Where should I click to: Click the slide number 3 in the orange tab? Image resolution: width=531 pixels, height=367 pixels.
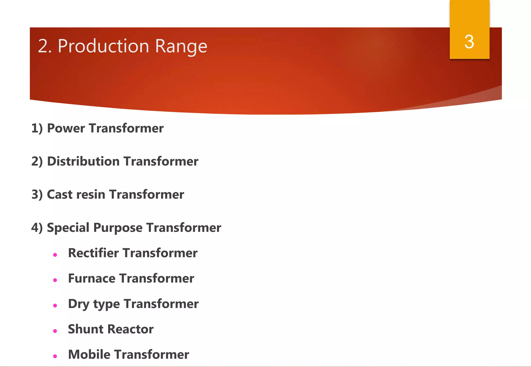[469, 42]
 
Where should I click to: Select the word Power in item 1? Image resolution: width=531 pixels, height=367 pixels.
[66, 128]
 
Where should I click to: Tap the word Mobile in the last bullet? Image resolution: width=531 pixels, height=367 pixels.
[89, 355]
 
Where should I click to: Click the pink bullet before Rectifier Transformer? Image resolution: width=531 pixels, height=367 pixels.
[55, 255]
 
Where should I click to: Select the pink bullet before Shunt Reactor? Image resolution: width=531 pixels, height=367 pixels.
[55, 331]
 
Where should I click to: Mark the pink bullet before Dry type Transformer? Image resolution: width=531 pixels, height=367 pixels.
[55, 306]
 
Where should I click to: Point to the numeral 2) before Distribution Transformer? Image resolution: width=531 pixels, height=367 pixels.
[37, 162]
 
